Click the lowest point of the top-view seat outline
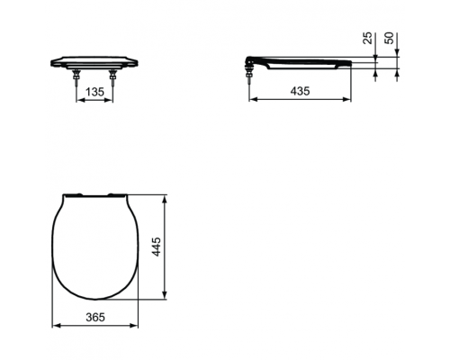click(95, 301)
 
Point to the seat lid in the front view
click(95, 60)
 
